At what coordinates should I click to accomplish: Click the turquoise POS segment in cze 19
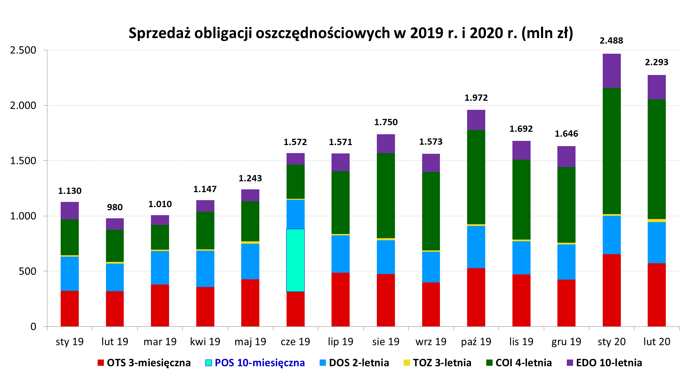(x=295, y=260)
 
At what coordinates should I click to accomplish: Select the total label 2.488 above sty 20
(x=611, y=41)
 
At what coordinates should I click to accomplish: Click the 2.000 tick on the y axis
(x=23, y=105)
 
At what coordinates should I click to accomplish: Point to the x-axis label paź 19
(x=476, y=342)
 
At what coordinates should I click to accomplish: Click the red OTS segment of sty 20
(x=611, y=290)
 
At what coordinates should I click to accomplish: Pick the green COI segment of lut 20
(x=656, y=159)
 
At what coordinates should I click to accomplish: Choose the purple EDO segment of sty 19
(x=69, y=211)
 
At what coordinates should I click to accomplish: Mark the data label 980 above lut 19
(x=115, y=207)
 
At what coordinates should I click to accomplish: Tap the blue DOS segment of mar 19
(x=160, y=267)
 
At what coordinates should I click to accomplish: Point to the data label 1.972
(x=476, y=98)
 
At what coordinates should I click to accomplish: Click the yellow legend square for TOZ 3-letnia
(x=406, y=363)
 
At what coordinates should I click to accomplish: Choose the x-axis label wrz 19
(x=431, y=342)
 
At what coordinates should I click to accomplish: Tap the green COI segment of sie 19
(x=386, y=196)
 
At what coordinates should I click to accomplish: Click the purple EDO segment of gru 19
(x=566, y=157)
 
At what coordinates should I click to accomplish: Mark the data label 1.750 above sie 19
(x=386, y=122)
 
